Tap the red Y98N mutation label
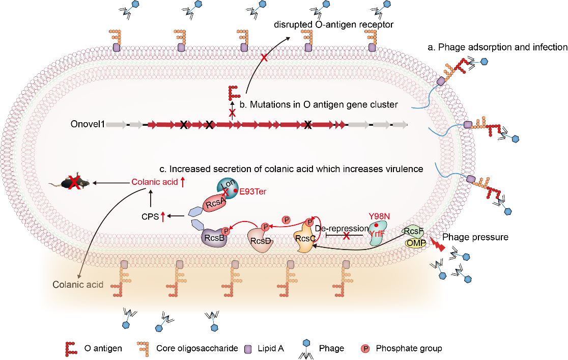pos(379,216)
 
